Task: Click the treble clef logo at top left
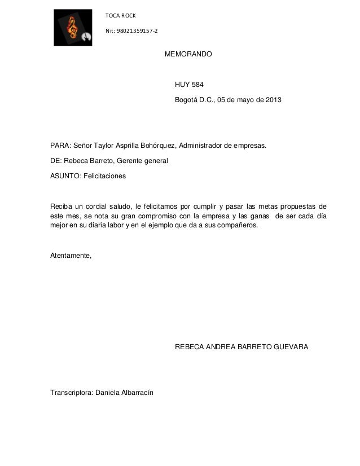pyautogui.click(x=73, y=27)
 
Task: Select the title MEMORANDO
pyautogui.click(x=188, y=55)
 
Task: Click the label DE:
pyautogui.click(x=55, y=161)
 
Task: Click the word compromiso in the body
pyautogui.click(x=157, y=216)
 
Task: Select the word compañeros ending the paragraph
pyautogui.click(x=237, y=226)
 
